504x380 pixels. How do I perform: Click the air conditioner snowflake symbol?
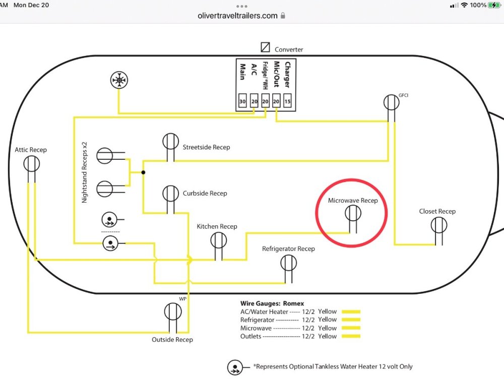click(119, 80)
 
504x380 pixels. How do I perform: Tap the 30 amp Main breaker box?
click(242, 101)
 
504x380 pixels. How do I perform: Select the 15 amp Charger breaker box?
click(287, 101)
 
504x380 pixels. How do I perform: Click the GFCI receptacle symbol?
click(391, 102)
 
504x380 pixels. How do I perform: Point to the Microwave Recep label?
click(353, 201)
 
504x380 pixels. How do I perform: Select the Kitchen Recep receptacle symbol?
click(218, 241)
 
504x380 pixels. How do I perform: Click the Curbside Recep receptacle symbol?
click(170, 193)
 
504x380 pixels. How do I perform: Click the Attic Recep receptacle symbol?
click(31, 163)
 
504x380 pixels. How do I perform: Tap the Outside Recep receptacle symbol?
click(172, 311)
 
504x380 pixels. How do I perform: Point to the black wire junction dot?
click(144, 172)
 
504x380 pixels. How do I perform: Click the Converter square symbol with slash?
click(265, 47)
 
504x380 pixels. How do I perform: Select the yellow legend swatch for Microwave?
click(351, 328)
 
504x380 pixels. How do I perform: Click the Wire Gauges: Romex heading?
click(272, 303)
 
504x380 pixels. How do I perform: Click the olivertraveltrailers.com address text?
click(238, 16)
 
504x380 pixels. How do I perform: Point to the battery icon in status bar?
click(494, 5)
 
